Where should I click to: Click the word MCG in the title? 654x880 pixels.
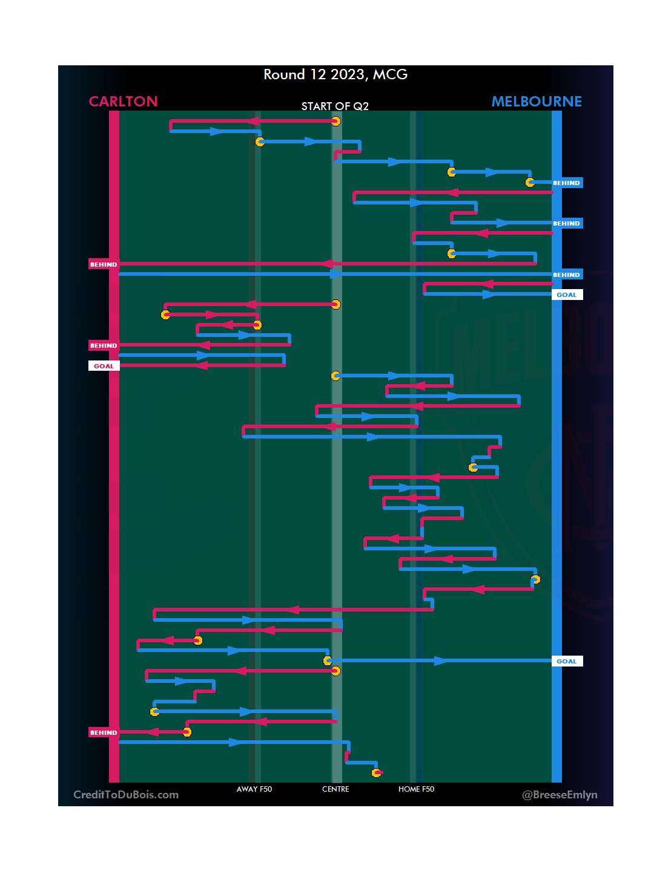tap(390, 74)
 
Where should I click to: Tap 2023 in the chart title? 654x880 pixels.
tap(348, 74)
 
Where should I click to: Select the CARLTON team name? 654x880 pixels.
tap(123, 101)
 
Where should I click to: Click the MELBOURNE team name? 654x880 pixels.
tap(537, 101)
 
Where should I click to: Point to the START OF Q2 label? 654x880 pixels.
tap(335, 106)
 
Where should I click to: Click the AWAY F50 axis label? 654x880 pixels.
tap(254, 789)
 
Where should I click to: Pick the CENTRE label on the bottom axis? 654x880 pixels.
tap(335, 789)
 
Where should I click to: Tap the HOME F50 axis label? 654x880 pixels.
tap(416, 789)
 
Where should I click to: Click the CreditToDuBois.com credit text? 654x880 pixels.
tap(126, 795)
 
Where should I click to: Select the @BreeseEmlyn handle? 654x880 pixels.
tap(560, 795)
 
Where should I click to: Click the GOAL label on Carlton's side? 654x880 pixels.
tap(104, 366)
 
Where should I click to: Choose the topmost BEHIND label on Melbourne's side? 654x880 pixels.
tap(566, 183)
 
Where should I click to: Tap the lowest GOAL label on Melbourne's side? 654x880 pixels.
tap(566, 661)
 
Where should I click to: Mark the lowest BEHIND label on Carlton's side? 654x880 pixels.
tap(104, 732)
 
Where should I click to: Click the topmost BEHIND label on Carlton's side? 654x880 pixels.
tap(104, 264)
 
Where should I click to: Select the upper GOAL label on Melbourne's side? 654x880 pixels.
tap(566, 295)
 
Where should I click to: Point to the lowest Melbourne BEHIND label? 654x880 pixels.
tap(566, 275)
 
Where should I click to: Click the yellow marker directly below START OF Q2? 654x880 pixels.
tap(335, 121)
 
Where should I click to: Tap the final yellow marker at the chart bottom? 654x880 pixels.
tap(376, 773)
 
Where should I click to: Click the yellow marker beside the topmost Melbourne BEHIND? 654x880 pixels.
tap(530, 182)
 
